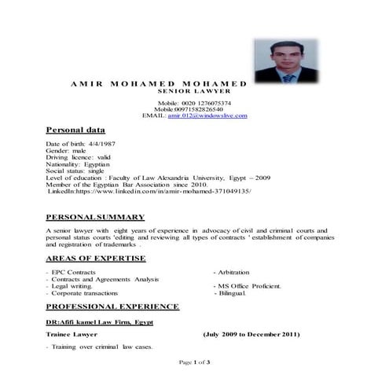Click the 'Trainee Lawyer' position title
(72, 335)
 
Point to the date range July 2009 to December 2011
(251, 335)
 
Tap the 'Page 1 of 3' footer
(194, 362)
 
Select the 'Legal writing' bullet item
(72, 286)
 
